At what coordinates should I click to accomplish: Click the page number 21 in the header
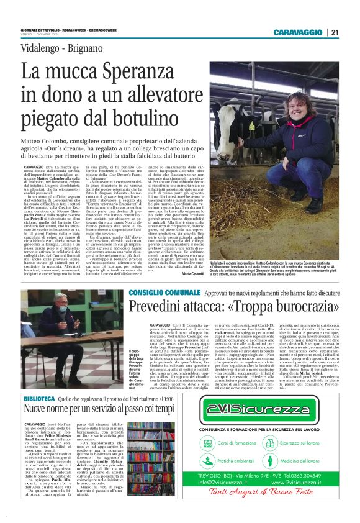tap(335, 32)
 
